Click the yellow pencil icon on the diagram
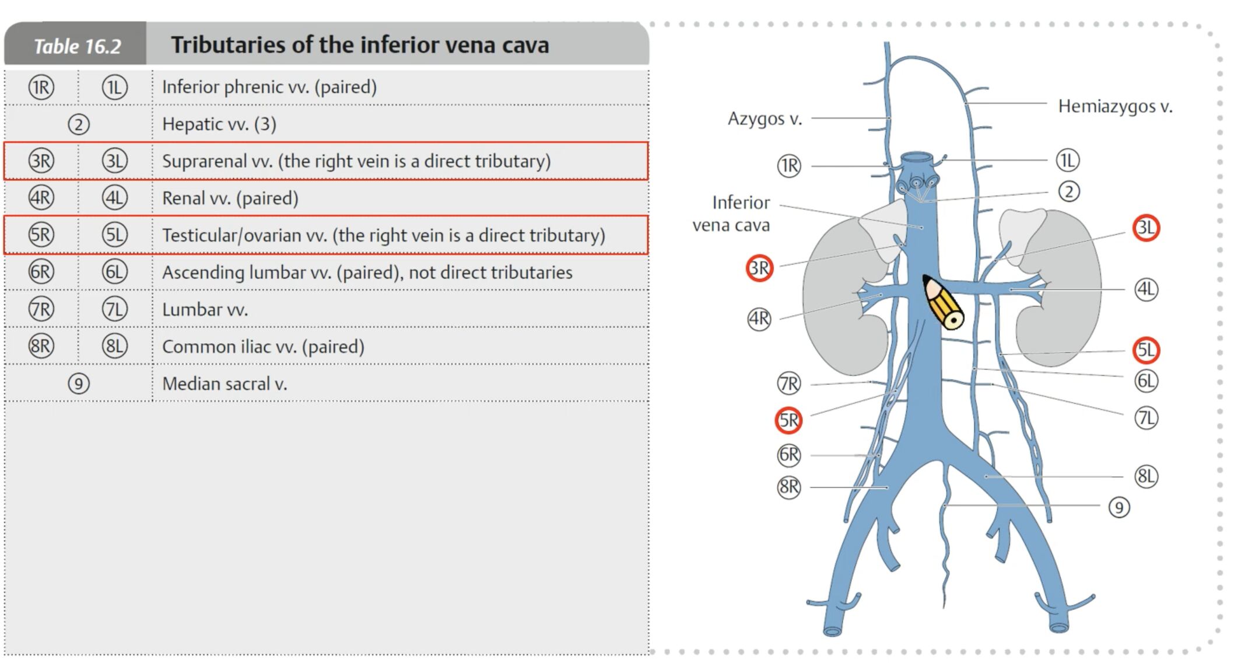point(943,302)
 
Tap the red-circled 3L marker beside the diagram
point(1146,228)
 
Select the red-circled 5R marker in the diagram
point(788,420)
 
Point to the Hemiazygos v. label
point(1114,106)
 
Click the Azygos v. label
point(765,118)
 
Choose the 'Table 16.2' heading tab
point(76,46)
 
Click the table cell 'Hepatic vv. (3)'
point(219,124)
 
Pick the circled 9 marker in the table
point(79,383)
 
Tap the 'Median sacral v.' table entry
point(225,383)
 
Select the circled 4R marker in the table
point(41,198)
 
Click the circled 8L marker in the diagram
point(1146,476)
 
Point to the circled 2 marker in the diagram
point(1068,191)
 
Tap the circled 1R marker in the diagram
point(789,166)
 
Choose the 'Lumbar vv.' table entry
point(205,309)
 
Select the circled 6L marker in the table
point(115,272)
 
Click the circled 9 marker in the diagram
point(1119,507)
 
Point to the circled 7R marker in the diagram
point(789,383)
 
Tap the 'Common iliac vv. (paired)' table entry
point(263,347)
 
